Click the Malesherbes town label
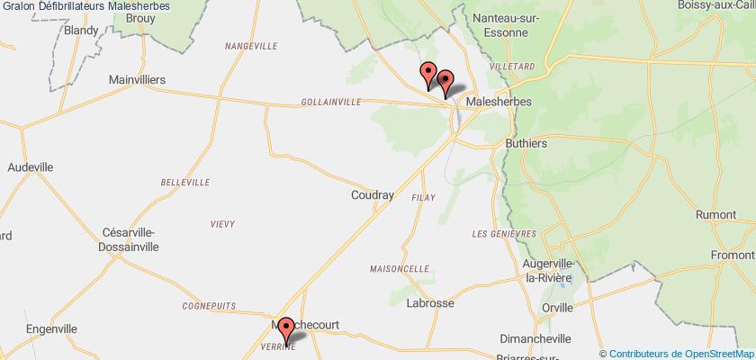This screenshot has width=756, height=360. click(x=497, y=103)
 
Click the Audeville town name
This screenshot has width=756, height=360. click(x=31, y=167)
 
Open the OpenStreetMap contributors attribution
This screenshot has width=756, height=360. click(x=678, y=352)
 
